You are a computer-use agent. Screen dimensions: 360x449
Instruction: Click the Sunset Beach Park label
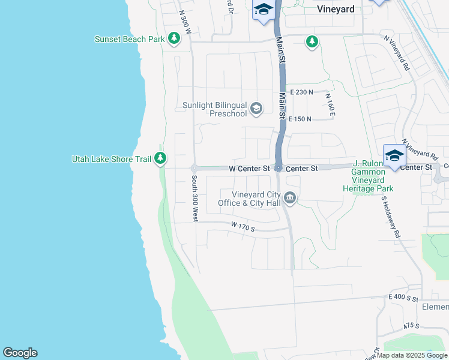129,40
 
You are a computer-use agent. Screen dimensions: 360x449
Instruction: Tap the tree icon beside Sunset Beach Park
174,40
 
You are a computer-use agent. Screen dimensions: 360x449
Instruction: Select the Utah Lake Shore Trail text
111,159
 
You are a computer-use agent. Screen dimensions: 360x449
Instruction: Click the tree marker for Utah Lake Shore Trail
160,158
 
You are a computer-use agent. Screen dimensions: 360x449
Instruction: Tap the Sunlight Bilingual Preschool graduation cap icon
256,108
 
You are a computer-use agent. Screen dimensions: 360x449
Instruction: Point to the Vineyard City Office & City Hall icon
290,198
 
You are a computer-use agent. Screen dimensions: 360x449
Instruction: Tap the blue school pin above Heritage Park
394,156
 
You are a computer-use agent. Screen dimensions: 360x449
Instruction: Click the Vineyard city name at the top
336,9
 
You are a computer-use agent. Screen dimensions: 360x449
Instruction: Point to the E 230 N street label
301,92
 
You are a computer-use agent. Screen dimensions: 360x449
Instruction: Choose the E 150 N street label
300,119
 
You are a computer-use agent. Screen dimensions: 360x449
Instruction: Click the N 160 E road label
330,104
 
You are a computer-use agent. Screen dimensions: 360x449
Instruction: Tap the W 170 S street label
243,226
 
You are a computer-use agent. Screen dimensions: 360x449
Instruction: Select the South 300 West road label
194,199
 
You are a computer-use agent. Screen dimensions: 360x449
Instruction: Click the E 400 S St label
403,298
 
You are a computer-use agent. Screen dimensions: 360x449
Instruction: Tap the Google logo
20,353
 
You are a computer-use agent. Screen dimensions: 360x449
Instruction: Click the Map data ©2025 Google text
412,355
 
